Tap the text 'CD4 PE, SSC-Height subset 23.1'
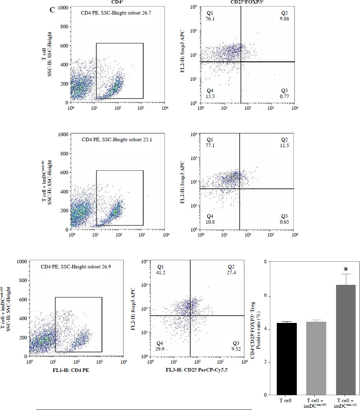(111, 139)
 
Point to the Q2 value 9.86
(284, 18)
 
